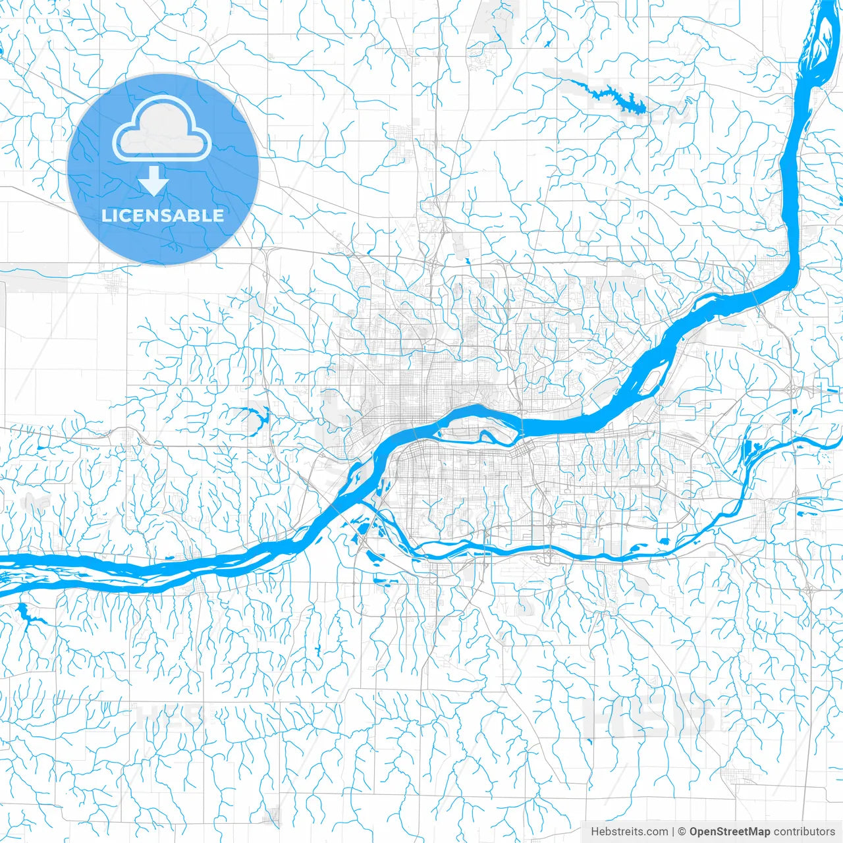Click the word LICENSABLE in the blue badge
coord(163,215)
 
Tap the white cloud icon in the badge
coord(162,130)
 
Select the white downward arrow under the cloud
coord(154,180)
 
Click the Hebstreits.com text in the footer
coord(629,832)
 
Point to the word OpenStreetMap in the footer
coord(730,832)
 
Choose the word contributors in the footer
coord(804,832)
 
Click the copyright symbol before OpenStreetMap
coord(682,832)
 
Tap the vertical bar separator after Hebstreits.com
coord(673,832)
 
